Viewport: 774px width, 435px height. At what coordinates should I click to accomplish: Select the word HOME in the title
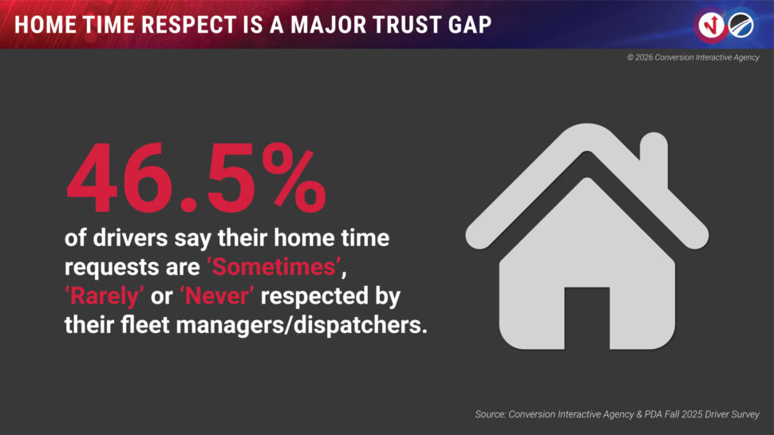45,25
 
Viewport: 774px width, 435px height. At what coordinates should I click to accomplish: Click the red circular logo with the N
711,25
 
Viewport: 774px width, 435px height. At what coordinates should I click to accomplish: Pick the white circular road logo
741,25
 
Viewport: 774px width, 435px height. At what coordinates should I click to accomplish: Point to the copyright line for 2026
693,57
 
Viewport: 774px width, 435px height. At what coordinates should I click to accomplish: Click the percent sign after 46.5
294,178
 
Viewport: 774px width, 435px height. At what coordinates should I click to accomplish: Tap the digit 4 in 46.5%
91,178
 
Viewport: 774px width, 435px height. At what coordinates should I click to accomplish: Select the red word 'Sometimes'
274,267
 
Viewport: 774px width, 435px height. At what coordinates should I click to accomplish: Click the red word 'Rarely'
105,296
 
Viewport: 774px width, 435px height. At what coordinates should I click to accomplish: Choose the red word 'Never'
217,296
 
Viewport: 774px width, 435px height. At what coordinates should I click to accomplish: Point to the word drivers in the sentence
130,238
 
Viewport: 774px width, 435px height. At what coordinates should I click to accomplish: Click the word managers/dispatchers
301,325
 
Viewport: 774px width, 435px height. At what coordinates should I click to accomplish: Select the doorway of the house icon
587,318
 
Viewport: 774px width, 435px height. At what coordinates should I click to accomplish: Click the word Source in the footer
490,414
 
